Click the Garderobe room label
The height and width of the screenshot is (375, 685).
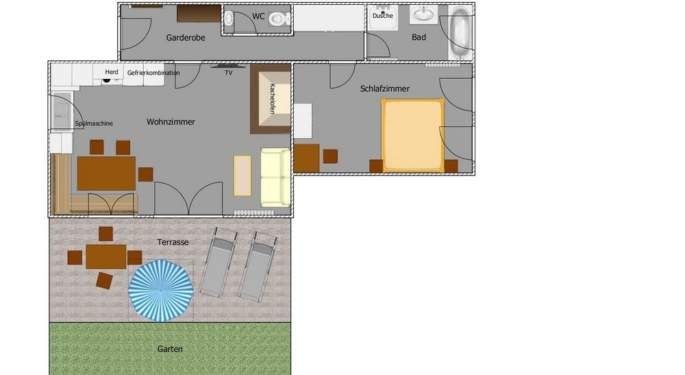click(x=186, y=38)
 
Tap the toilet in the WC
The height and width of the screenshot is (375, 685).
click(x=278, y=19)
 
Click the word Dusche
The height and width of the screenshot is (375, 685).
click(x=383, y=16)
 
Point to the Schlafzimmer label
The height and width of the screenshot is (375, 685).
click(x=385, y=88)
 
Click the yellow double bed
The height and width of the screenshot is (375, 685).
click(x=412, y=135)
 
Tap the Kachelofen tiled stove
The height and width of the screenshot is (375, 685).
click(x=271, y=98)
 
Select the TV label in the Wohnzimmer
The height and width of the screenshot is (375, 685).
click(x=229, y=73)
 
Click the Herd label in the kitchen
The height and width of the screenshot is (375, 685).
click(x=112, y=72)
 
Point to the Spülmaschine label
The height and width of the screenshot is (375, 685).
click(x=94, y=123)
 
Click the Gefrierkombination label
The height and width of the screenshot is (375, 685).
click(x=153, y=73)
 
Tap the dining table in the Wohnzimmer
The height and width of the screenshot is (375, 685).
click(x=106, y=173)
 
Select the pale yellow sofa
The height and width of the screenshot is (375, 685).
click(x=275, y=177)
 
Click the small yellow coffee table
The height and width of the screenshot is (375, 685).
click(x=242, y=176)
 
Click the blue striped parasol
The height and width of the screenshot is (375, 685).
click(x=161, y=291)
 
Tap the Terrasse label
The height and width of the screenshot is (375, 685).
click(x=173, y=242)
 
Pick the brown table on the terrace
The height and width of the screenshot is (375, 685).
click(x=105, y=256)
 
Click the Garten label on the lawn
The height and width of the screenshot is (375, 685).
click(x=170, y=349)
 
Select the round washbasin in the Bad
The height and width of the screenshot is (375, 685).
click(x=424, y=15)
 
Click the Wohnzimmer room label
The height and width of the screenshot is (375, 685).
click(x=171, y=122)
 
